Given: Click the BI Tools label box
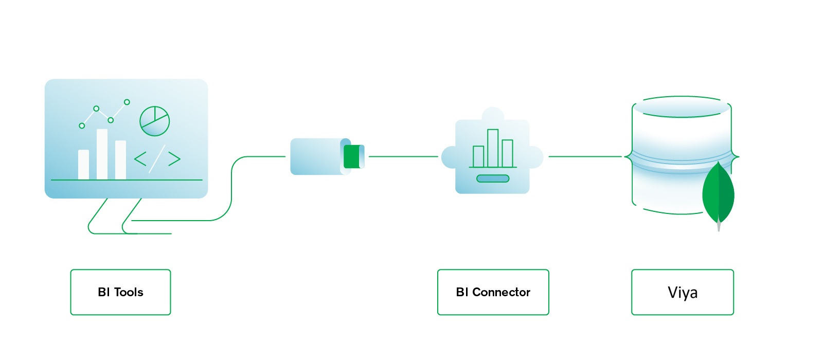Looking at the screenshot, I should tap(120, 292).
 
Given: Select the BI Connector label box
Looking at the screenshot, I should tap(493, 292).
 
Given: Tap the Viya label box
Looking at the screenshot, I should tap(682, 292).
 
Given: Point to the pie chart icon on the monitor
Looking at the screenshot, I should tap(154, 121).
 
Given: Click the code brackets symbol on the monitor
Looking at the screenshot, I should tap(157, 158).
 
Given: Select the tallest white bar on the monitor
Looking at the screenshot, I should tap(102, 154).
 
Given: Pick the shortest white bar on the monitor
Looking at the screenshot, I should tap(83, 164).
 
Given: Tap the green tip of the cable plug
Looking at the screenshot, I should tap(352, 156).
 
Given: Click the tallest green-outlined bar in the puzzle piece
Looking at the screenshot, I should tap(493, 148).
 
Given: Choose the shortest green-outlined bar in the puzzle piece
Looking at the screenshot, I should tap(478, 156).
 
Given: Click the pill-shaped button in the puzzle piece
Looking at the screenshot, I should tap(493, 178).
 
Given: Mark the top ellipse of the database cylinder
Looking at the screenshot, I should tap(681, 107).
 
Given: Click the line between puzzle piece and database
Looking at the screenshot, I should tap(585, 156).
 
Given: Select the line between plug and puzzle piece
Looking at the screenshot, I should tap(403, 156).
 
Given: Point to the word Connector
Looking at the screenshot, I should tap(501, 292).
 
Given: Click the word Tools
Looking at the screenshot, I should tap(129, 292).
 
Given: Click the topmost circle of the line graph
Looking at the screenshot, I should tap(127, 102).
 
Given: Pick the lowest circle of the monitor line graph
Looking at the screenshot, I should tap(82, 125).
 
